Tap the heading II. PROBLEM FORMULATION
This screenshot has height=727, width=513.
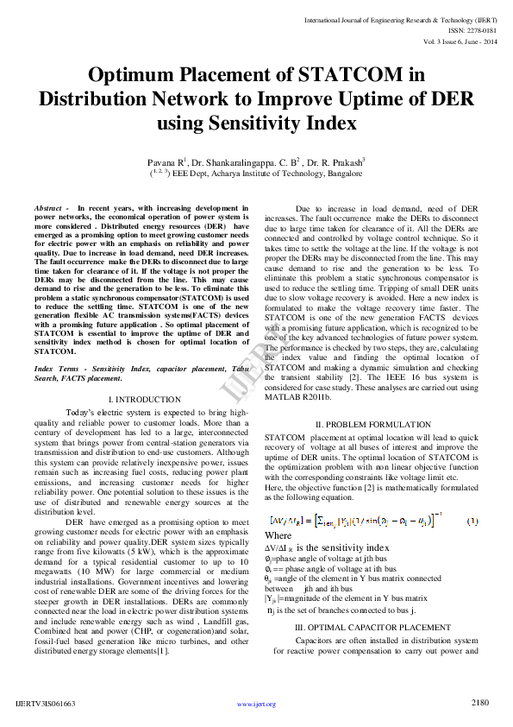(x=372, y=425)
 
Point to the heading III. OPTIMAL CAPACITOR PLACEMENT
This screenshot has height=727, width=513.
(x=372, y=627)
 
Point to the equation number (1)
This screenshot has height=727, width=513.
(x=472, y=521)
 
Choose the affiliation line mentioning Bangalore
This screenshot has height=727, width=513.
(x=257, y=173)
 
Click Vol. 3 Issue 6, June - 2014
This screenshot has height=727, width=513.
(x=460, y=41)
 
